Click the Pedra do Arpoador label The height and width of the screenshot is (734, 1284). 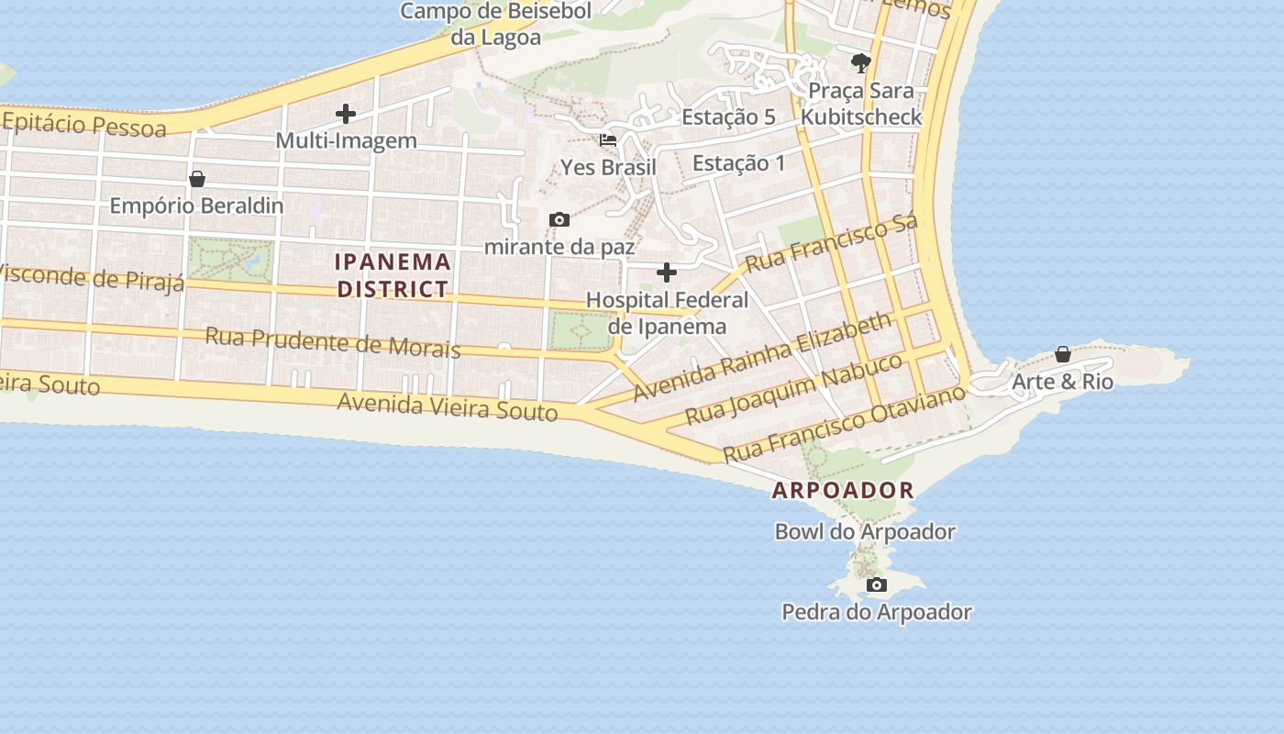876,612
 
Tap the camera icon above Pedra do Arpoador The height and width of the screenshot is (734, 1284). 877,584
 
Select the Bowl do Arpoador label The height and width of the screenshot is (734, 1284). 865,531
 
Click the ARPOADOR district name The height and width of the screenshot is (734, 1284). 843,490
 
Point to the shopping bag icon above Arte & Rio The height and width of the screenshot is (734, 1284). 1063,354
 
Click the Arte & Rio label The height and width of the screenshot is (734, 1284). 1062,382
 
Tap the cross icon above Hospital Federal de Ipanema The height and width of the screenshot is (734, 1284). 667,272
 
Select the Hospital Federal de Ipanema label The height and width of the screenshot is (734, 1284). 667,313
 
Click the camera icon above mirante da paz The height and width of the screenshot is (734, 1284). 559,220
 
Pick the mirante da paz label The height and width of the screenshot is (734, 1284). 559,247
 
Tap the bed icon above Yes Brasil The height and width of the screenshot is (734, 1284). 608,140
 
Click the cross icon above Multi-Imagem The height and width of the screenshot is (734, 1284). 346,114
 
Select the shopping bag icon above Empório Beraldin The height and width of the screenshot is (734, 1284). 196,179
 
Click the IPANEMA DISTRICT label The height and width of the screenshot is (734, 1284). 393,275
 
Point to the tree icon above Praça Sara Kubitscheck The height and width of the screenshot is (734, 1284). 860,63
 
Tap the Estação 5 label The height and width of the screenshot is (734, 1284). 728,117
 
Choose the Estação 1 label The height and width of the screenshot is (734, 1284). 738,163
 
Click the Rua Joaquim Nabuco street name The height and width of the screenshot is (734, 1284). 794,389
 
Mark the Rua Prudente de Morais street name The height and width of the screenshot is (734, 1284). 332,341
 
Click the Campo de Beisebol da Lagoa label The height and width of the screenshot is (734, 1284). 495,24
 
